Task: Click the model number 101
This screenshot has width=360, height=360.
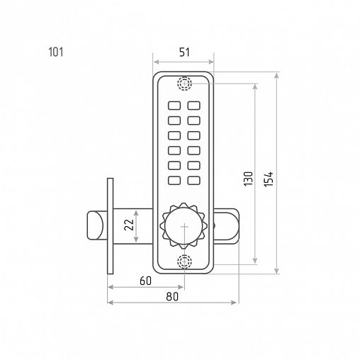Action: [x=56, y=52]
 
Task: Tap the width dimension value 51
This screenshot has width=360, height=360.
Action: [x=184, y=52]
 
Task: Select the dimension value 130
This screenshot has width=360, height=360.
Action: [x=248, y=179]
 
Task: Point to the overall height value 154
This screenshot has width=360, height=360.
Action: [x=269, y=179]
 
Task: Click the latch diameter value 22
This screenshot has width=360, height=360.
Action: [x=129, y=225]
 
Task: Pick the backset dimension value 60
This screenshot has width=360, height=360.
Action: [x=145, y=281]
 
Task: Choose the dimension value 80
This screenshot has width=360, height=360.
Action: [x=172, y=296]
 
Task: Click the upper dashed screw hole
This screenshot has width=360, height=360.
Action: [x=184, y=83]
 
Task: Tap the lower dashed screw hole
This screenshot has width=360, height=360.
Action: [x=184, y=261]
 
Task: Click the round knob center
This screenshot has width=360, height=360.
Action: [x=184, y=226]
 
